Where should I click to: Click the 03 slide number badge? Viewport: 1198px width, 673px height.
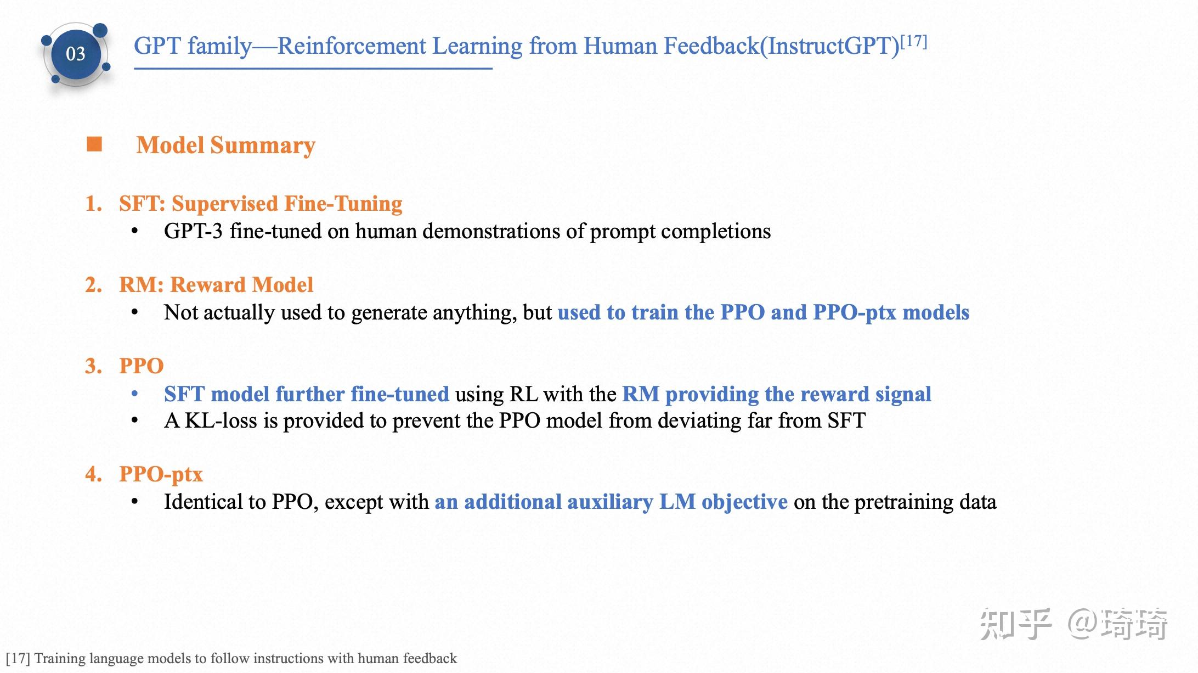pyautogui.click(x=76, y=54)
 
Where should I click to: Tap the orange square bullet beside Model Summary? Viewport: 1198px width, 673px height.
pyautogui.click(x=94, y=144)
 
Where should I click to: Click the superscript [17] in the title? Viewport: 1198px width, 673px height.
pyautogui.click(x=914, y=41)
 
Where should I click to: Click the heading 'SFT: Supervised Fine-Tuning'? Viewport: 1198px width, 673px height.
pyautogui.click(x=261, y=204)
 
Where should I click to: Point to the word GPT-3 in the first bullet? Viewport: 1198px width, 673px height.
pyautogui.click(x=193, y=231)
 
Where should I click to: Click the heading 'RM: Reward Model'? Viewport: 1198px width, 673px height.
pyautogui.click(x=216, y=285)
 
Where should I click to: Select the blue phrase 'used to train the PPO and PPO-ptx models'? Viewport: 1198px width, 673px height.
pyautogui.click(x=764, y=312)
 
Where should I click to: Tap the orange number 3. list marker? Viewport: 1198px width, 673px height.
pyautogui.click(x=94, y=366)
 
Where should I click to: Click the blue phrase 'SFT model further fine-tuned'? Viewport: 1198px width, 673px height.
pyautogui.click(x=307, y=394)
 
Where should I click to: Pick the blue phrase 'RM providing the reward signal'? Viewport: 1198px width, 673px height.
pyautogui.click(x=777, y=394)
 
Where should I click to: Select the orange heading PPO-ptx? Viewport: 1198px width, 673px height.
pyautogui.click(x=161, y=474)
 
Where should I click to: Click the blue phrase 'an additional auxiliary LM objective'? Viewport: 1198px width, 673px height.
pyautogui.click(x=611, y=502)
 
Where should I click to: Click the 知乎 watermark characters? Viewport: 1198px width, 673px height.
pyautogui.click(x=1016, y=624)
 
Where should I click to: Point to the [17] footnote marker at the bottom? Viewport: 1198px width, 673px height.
pyautogui.click(x=18, y=658)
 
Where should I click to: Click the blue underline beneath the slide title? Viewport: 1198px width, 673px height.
pyautogui.click(x=313, y=69)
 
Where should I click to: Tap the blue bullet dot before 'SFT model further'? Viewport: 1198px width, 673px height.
pyautogui.click(x=134, y=394)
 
